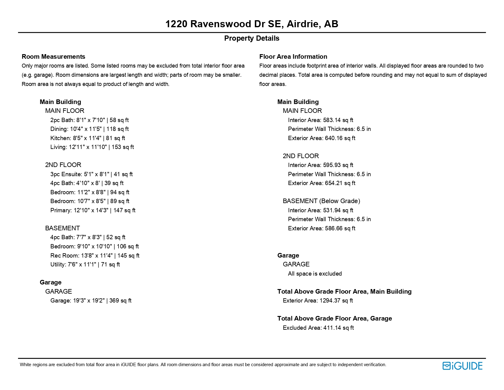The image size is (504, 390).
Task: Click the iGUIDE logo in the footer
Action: tap(462, 366)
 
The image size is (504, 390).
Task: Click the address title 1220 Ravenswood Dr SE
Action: tap(252, 24)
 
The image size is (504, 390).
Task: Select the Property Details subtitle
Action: tap(252, 38)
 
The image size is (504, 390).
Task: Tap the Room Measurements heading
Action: tap(53, 57)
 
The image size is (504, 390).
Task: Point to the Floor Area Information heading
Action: tap(293, 57)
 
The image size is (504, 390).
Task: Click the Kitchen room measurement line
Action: tap(88, 138)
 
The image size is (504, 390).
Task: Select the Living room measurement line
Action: tap(92, 147)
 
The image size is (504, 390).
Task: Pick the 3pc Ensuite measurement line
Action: tap(91, 174)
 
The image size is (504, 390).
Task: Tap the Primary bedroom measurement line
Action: tap(93, 210)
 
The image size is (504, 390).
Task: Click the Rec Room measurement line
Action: tap(95, 255)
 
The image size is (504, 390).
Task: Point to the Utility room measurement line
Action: tap(85, 265)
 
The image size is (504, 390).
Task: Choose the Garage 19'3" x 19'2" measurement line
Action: tap(91, 301)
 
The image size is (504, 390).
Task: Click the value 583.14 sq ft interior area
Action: tap(338, 120)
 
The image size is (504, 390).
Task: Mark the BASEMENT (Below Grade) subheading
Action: tap(321, 201)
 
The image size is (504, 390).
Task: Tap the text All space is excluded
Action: tap(315, 274)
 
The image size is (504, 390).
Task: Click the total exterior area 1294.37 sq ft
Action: tap(336, 301)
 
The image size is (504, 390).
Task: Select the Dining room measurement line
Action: tap(89, 129)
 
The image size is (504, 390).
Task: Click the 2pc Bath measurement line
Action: tap(89, 120)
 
